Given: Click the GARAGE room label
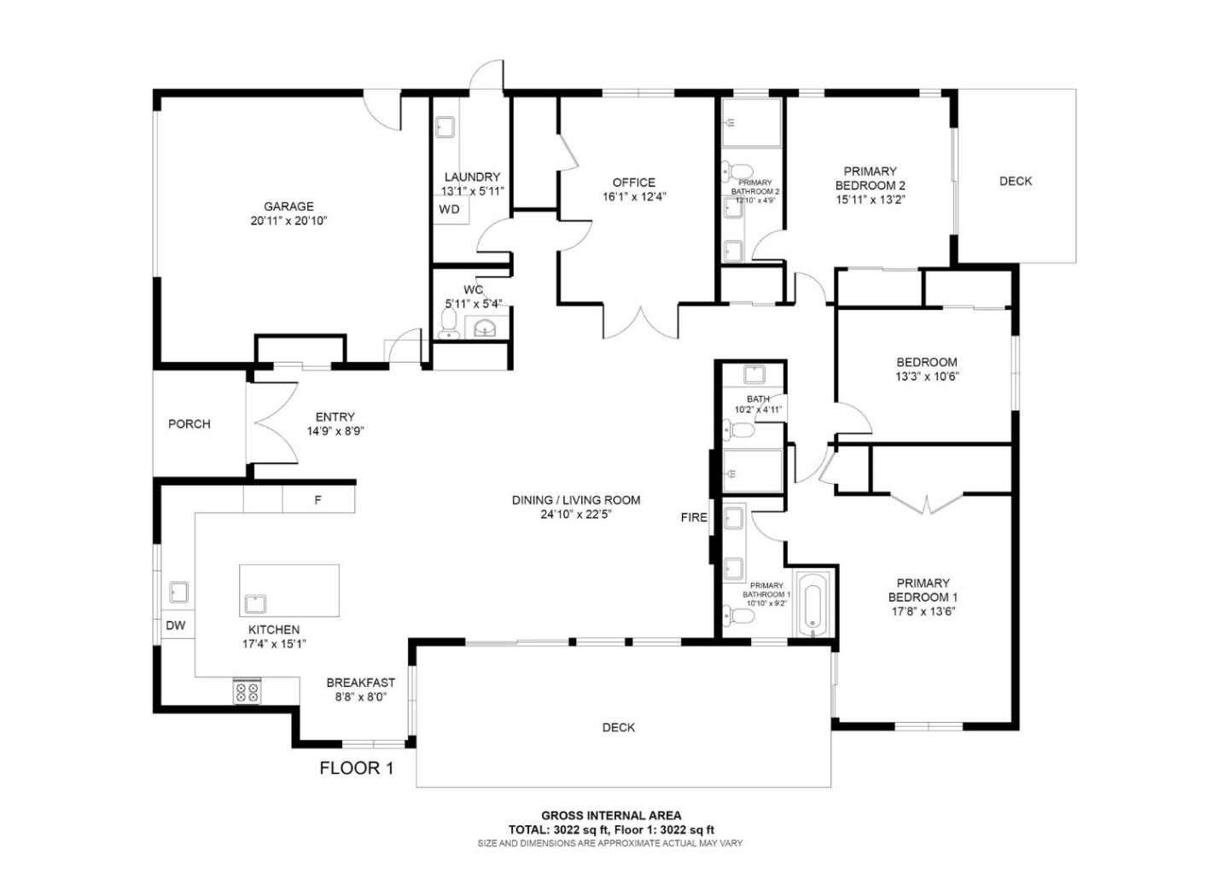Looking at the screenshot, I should point(288,206).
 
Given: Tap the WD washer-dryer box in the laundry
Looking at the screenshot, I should point(450,209).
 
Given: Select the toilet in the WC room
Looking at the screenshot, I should point(448,323).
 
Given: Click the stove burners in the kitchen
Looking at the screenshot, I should point(248,691).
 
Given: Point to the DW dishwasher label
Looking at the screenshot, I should point(176,625).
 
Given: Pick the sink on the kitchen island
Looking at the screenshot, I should point(255,604).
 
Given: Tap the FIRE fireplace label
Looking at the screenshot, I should point(693,517).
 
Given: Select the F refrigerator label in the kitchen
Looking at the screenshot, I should point(317,500).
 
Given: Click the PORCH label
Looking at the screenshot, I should point(189,424).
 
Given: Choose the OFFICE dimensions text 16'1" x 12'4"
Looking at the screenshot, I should point(633,196).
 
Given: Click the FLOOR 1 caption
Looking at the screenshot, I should point(356,768).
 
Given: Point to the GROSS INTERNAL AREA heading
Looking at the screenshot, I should point(611,816).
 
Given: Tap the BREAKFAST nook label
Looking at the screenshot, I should point(360,683).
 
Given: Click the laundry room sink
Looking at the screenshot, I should point(445,128).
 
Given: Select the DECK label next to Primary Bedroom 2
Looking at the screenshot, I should point(1015,181).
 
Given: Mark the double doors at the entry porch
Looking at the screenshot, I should point(271,424).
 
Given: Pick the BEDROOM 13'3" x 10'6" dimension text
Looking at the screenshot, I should point(926,376).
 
